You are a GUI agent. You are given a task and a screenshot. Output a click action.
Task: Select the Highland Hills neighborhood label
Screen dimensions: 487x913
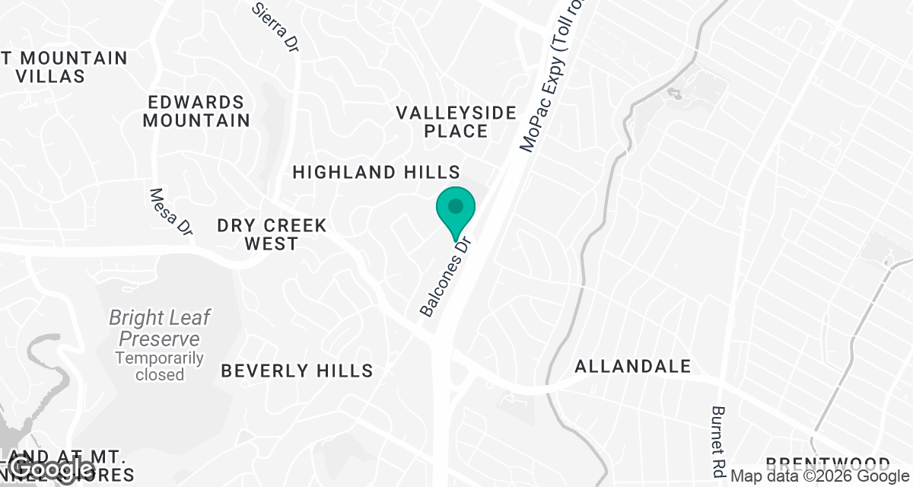[377, 172]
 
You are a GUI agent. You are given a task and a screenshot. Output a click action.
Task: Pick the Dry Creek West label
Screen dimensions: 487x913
[272, 234]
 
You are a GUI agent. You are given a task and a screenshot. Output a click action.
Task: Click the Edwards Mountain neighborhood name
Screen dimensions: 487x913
[196, 111]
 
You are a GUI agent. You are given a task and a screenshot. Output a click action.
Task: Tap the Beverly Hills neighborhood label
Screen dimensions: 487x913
[297, 371]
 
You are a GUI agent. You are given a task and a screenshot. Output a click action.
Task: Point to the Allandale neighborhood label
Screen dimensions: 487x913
[633, 367]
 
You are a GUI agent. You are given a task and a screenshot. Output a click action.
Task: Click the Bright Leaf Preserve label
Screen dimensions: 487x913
[159, 328]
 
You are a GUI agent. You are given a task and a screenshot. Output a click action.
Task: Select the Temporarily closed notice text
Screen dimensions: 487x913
[160, 366]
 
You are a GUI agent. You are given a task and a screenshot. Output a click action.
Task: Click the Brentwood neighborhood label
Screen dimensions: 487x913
[828, 463]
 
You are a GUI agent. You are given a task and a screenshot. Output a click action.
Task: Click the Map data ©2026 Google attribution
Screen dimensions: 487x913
[819, 476]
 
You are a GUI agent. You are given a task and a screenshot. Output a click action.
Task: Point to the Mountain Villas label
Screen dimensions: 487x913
[64, 67]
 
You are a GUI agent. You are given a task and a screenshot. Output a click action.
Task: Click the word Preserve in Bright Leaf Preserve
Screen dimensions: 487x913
[160, 339]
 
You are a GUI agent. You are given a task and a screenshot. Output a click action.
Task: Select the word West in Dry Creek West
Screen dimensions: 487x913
[272, 243]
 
